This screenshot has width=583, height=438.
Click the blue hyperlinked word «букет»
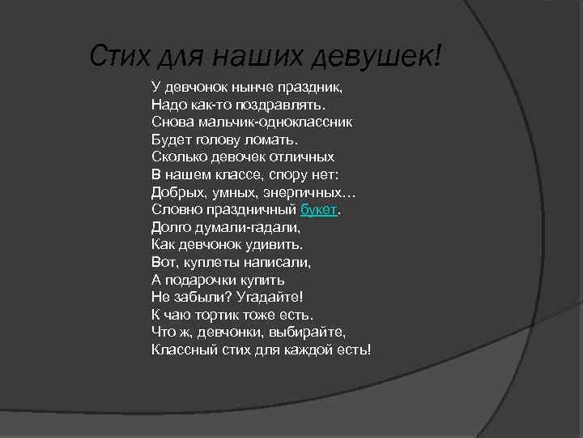pyautogui.click(x=317, y=209)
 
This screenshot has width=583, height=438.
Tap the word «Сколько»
pyautogui.click(x=177, y=157)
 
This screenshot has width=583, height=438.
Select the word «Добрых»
pyautogui.click(x=176, y=192)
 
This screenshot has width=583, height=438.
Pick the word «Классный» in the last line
pyautogui.click(x=180, y=350)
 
